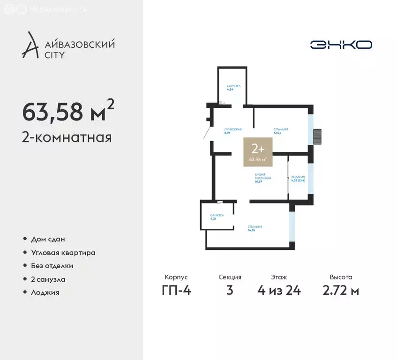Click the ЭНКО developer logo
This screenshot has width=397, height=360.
pos(341,45)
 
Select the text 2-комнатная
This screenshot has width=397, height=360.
pos(67,138)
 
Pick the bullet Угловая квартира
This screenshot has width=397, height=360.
pos(63,253)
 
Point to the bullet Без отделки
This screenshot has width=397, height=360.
pos(52,266)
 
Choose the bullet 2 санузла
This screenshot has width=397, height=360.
pos(48,279)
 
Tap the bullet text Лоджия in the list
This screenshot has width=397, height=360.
pos(45,292)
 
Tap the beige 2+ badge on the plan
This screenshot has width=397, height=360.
pos(258,152)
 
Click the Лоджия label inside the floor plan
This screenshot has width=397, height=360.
pos(298,178)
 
